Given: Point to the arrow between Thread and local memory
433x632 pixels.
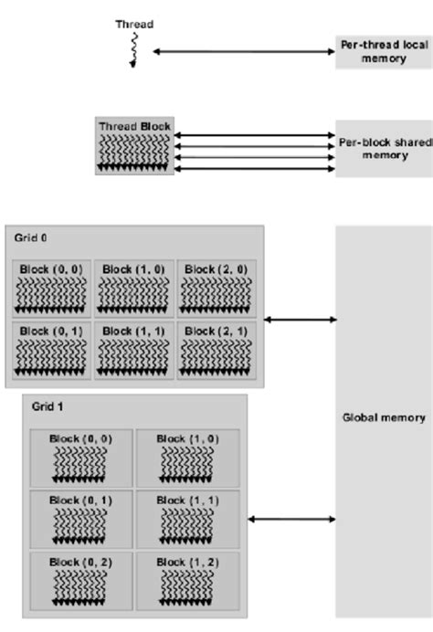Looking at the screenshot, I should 244,52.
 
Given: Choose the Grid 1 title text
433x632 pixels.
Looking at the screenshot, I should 46,405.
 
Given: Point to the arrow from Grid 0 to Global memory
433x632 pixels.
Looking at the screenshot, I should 300,319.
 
